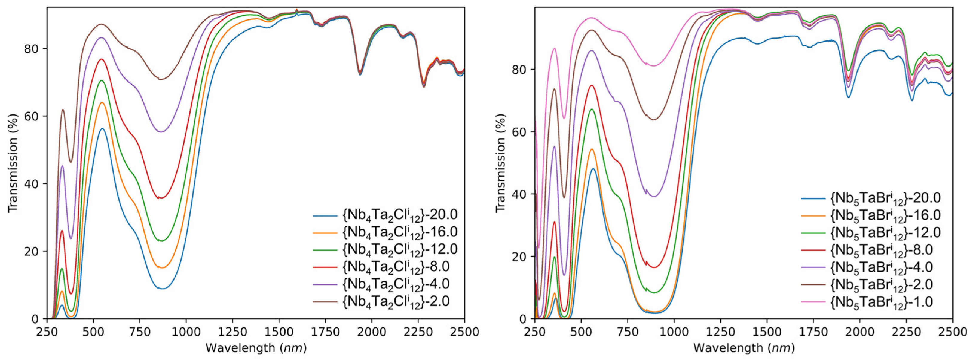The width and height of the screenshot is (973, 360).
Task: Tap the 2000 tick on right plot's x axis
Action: [860, 332]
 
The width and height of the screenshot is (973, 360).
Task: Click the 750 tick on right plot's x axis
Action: [627, 332]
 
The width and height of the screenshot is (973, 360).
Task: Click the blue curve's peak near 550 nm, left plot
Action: [102, 128]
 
